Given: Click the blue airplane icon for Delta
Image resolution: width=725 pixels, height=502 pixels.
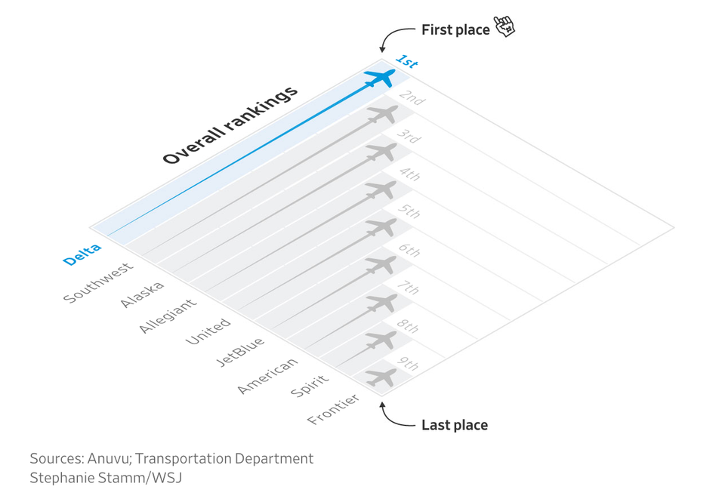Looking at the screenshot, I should (380, 77).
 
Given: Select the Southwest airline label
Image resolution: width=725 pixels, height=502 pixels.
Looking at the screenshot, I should (98, 282).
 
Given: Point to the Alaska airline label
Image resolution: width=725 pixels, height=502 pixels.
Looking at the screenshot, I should (142, 294).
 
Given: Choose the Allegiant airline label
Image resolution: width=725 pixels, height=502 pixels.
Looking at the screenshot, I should (168, 316).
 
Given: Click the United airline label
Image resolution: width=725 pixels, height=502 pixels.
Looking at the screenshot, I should (208, 331).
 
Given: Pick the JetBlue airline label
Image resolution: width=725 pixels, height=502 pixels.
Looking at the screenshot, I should (240, 352).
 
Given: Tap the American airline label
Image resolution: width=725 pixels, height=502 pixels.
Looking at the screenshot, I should (267, 376).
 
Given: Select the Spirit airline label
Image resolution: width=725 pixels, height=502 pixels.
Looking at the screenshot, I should (310, 385).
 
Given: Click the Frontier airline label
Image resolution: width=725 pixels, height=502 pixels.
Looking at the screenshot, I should (333, 409).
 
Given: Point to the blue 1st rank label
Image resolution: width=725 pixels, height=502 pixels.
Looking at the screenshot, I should (406, 61).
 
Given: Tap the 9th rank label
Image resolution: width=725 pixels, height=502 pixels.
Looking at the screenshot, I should (409, 366).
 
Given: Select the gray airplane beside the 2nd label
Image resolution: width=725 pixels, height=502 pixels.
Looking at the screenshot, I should (382, 115).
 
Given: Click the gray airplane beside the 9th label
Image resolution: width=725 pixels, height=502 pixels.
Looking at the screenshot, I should (381, 377).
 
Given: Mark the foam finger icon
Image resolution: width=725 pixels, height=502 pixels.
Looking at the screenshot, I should (504, 27).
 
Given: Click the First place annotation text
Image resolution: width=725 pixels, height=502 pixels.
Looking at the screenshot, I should (455, 30).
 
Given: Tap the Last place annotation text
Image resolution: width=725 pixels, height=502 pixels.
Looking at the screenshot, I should (454, 425).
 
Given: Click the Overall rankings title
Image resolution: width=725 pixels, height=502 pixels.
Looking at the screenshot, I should (230, 125).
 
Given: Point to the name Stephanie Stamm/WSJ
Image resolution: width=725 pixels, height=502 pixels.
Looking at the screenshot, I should (106, 478).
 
